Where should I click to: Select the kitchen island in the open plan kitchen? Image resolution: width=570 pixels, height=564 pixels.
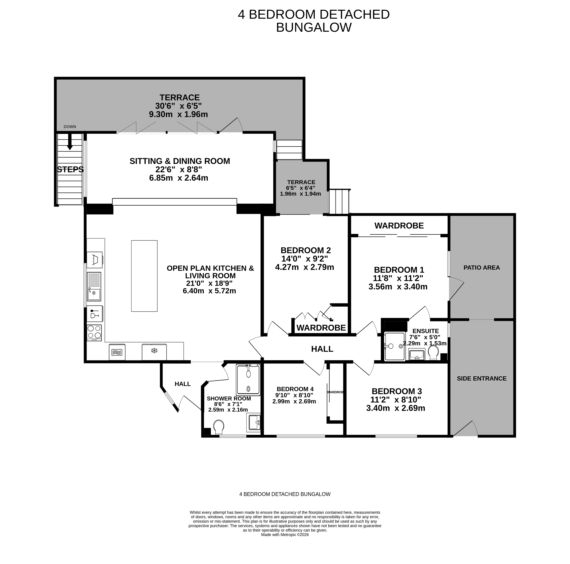144,276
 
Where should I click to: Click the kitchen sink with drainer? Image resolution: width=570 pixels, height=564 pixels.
94,286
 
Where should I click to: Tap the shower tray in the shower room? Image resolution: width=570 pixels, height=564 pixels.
248,380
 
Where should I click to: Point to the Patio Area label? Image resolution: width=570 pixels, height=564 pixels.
482,268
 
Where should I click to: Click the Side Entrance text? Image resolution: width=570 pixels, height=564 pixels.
482,378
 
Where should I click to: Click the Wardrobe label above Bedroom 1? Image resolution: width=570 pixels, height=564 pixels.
399,226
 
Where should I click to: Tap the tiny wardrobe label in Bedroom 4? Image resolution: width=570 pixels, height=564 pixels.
335,392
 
